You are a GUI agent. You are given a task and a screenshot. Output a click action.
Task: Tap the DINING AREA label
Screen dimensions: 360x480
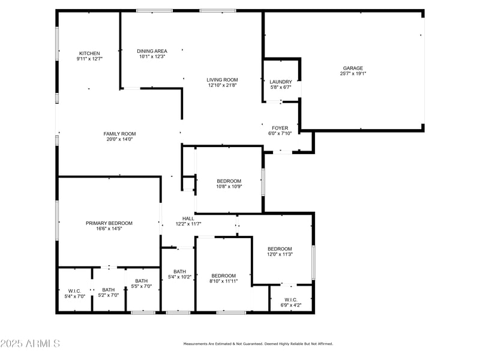pos(152,51)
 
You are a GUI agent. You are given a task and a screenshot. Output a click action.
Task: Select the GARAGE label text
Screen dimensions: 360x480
pos(353,68)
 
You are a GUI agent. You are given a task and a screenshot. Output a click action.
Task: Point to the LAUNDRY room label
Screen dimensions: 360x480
pos(281,82)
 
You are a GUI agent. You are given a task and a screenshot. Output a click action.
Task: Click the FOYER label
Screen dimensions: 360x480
pos(280,128)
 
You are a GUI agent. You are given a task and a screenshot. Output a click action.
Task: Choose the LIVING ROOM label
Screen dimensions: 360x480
pos(223,79)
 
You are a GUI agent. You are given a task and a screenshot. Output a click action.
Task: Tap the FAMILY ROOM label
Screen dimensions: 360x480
pos(119,134)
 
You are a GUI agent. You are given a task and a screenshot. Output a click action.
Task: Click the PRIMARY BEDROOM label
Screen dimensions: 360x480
pos(109,223)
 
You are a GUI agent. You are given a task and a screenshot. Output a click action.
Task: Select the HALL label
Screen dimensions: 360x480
pos(188,218)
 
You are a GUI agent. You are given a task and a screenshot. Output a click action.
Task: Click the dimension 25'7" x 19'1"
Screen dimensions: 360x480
pos(353,74)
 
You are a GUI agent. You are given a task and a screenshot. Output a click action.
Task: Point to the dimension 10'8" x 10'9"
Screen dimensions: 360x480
pos(229,187)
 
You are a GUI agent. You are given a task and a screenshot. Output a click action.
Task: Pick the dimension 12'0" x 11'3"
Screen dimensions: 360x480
pos(280,254)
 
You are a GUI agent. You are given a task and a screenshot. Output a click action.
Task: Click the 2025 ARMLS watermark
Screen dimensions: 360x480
pos(30,344)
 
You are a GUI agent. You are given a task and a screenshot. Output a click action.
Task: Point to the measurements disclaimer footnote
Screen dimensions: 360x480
pos(257,344)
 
